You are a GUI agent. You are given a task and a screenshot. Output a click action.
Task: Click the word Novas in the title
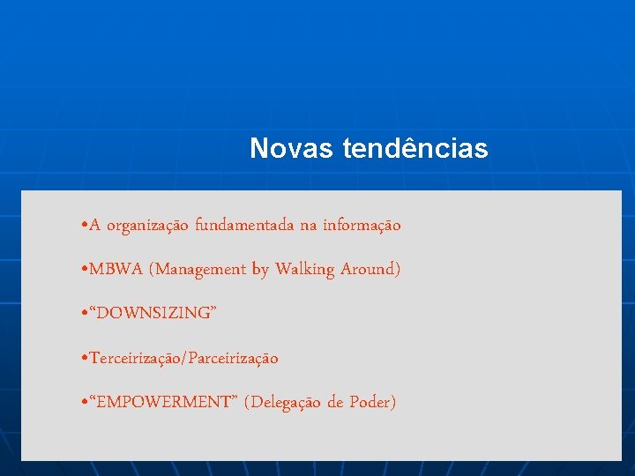click(291, 149)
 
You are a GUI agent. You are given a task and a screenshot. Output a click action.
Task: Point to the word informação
click(362, 226)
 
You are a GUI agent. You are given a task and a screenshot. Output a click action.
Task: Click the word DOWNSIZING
click(151, 314)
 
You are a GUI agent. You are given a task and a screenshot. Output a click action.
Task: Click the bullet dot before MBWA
click(82, 270)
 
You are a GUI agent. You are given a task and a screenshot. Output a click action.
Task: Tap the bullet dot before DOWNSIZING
click(82, 314)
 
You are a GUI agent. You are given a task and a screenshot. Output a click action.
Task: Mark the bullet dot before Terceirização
click(82, 358)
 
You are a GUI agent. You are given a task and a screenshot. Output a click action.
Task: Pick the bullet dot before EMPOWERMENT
click(82, 403)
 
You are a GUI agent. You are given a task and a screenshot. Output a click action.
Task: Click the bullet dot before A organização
click(82, 226)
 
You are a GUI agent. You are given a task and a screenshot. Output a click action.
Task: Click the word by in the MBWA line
click(260, 270)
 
